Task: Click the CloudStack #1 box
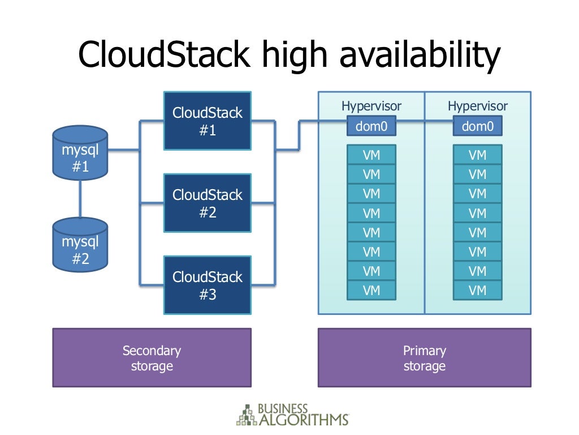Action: point(207,121)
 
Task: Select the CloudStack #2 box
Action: point(207,203)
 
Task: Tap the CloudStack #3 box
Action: point(207,285)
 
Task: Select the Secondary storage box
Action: point(152,358)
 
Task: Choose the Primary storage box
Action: point(424,358)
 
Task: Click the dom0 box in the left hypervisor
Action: point(371,126)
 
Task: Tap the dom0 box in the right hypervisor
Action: point(477,126)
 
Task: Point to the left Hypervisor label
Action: point(371,106)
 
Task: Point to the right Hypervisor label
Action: point(477,106)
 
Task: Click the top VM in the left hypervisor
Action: point(371,155)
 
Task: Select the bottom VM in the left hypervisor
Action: point(371,291)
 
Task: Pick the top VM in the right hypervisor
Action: point(477,155)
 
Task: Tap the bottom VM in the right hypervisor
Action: point(477,291)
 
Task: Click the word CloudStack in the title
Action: point(163,55)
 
